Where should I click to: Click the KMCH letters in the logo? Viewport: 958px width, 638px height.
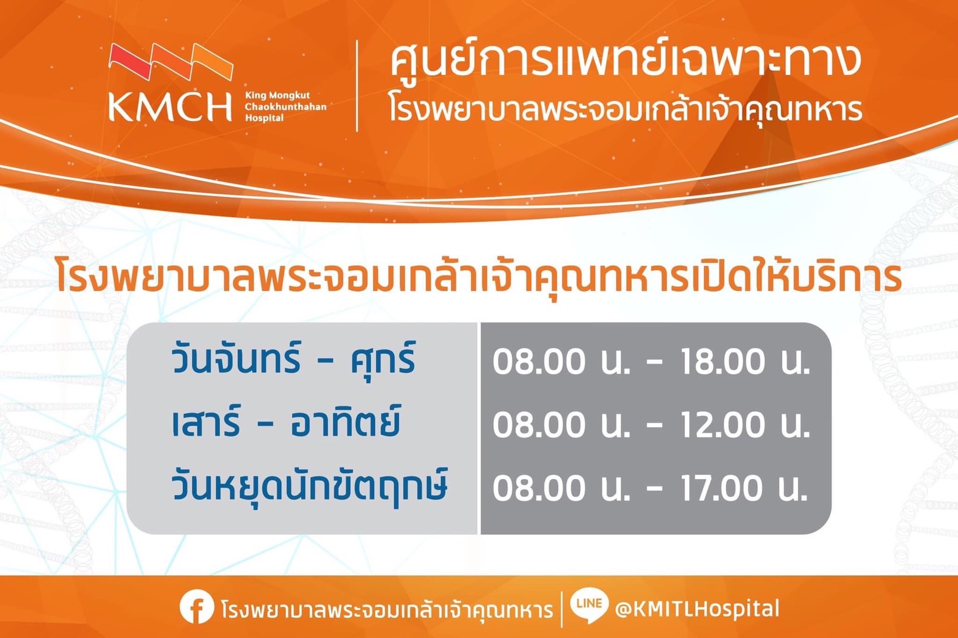coord(170,107)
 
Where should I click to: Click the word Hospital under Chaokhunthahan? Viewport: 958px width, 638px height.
coord(265,118)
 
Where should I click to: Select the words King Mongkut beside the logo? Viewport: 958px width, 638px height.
coord(277,95)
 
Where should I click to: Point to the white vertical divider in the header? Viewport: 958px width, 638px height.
coord(357,86)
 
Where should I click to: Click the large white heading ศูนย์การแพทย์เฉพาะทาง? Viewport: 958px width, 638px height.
coord(626,63)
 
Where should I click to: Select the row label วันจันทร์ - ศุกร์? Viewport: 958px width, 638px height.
coord(293,361)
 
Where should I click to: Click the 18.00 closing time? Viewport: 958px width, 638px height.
coord(723,362)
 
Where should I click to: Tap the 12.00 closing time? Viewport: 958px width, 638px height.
coord(723,425)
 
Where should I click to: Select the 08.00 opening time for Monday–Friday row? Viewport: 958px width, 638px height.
coord(539,362)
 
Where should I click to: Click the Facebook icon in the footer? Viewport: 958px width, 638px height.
coord(196,607)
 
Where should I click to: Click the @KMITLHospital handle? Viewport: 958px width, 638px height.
coord(697,608)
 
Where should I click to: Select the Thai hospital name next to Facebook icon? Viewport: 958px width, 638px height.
coord(387,609)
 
